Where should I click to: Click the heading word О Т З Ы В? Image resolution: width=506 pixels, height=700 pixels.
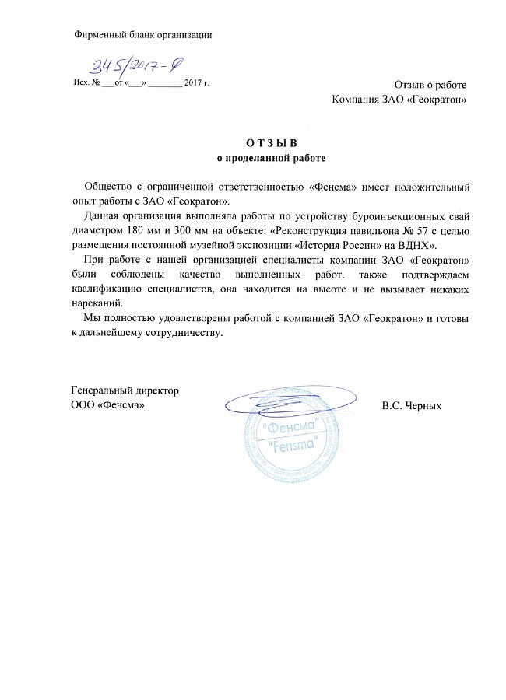point(272,142)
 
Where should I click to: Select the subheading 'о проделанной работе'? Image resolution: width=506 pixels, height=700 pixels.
point(271,158)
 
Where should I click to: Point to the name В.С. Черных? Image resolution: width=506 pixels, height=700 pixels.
point(412,406)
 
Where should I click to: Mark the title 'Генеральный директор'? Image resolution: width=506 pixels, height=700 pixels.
point(125,390)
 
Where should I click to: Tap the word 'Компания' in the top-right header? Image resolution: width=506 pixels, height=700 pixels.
point(355,99)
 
